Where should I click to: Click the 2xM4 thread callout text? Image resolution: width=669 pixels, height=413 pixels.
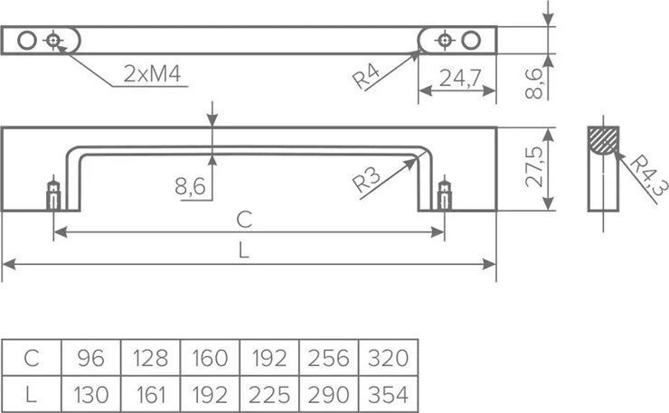click(x=152, y=74)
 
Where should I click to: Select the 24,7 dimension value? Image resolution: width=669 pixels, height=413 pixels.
click(x=460, y=78)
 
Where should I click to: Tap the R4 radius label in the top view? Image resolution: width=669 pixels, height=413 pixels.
click(x=366, y=77)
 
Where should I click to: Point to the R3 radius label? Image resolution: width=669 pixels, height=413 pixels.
click(x=366, y=180)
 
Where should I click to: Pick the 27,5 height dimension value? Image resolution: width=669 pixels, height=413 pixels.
click(x=534, y=167)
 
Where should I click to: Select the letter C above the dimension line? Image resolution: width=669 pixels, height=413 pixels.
click(x=244, y=220)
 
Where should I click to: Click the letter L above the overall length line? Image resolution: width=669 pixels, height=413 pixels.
click(x=243, y=250)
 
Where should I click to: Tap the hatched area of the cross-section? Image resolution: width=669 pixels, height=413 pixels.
click(x=603, y=140)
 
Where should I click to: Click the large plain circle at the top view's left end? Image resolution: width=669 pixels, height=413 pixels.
click(x=27, y=41)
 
